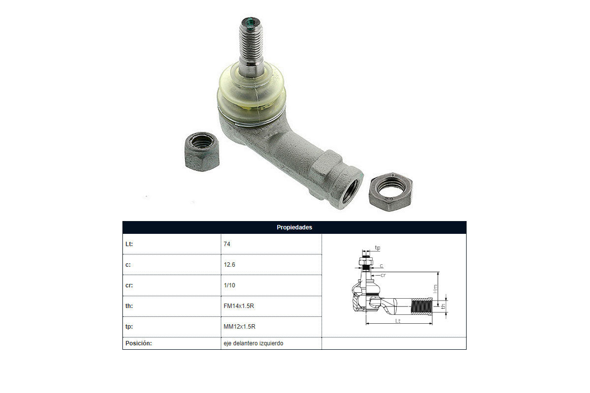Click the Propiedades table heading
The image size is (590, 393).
(x=294, y=227)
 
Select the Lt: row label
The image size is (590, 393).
(x=129, y=244)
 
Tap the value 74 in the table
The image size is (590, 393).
(x=227, y=244)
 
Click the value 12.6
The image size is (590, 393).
(x=230, y=265)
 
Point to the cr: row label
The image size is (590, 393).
(x=129, y=285)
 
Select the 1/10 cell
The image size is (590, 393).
(x=230, y=285)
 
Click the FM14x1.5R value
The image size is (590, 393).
(x=238, y=306)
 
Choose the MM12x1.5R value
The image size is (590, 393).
(x=239, y=326)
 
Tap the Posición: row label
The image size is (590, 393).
(x=139, y=343)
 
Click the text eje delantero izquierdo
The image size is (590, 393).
(x=253, y=343)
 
